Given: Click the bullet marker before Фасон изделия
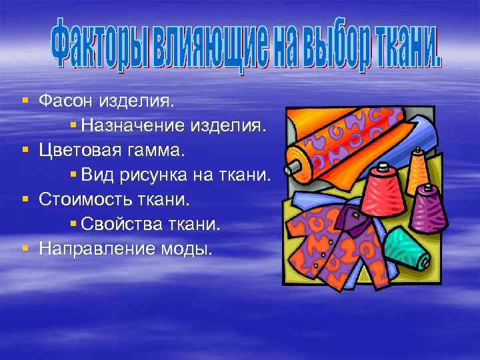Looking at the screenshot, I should click(x=25, y=101).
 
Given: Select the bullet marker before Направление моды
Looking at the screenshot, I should click(x=25, y=247).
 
